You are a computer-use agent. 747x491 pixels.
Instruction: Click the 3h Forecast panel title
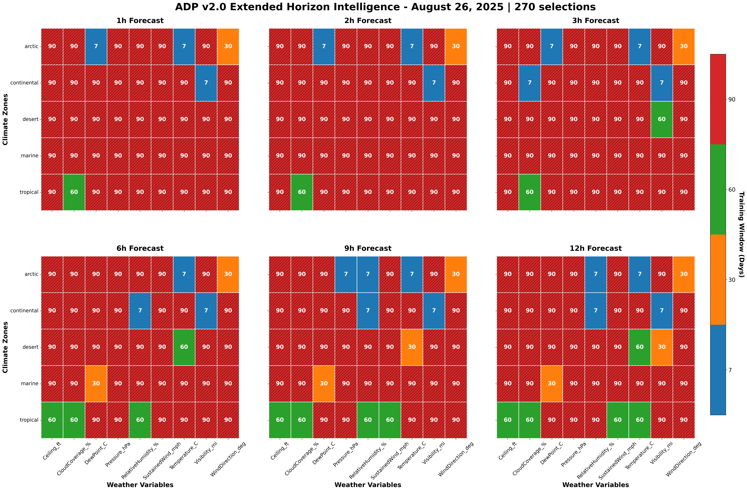point(595,21)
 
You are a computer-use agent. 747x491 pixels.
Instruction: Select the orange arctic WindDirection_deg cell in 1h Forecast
point(228,46)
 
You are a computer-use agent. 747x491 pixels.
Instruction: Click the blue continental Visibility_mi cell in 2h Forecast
point(434,83)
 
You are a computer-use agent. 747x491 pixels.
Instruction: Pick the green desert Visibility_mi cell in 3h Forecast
point(662,119)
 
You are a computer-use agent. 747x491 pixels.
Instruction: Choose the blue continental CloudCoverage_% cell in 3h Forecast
point(530,83)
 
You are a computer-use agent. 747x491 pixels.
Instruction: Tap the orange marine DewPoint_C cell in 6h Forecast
point(96,383)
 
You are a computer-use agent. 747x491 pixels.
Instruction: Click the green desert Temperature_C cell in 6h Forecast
point(184,347)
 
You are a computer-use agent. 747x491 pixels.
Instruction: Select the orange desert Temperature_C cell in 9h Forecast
point(412,347)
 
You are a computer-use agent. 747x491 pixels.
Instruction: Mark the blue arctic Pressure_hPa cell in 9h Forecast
point(346,274)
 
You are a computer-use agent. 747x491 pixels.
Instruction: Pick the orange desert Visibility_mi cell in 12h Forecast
point(662,347)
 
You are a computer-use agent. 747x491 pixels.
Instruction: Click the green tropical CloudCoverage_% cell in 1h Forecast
point(74,192)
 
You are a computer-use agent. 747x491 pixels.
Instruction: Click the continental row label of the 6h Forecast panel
point(24,311)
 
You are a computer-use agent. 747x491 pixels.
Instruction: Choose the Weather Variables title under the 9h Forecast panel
point(368,485)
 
